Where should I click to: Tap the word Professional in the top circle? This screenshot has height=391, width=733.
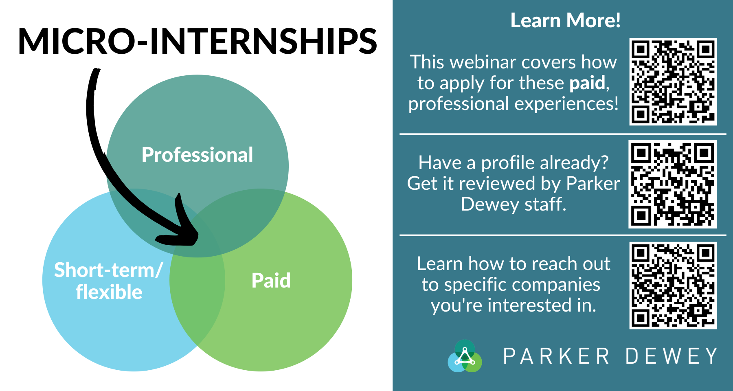click(x=198, y=155)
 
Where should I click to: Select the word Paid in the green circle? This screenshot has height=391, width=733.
click(x=271, y=280)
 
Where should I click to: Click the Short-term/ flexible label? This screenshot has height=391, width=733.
click(x=109, y=281)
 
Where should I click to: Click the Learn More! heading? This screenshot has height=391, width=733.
click(x=566, y=20)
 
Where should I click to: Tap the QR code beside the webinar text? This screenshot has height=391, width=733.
click(x=673, y=82)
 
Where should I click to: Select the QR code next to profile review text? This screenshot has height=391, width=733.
click(x=673, y=184)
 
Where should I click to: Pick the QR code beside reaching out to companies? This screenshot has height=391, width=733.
click(x=673, y=286)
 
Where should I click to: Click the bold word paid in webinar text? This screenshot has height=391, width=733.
click(x=587, y=83)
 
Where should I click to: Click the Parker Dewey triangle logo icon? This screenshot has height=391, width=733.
click(x=465, y=356)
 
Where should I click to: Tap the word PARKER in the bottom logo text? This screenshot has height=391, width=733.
click(x=556, y=356)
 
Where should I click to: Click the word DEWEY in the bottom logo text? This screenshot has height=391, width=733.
click(x=671, y=356)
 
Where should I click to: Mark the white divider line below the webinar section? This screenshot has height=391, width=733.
click(x=563, y=134)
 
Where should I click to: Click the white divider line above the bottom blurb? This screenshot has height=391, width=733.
click(x=563, y=235)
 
